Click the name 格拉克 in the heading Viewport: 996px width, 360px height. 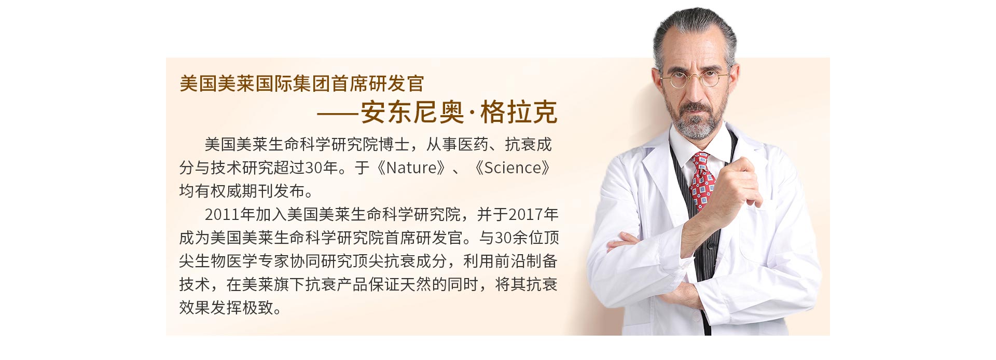(x=519, y=112)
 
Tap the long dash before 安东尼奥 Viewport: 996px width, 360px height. (x=339, y=113)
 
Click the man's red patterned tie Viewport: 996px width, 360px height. (x=702, y=182)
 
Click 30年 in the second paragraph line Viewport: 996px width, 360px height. (x=321, y=168)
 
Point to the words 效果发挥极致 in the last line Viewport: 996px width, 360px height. (x=226, y=308)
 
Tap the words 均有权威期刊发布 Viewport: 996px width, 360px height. (x=242, y=191)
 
